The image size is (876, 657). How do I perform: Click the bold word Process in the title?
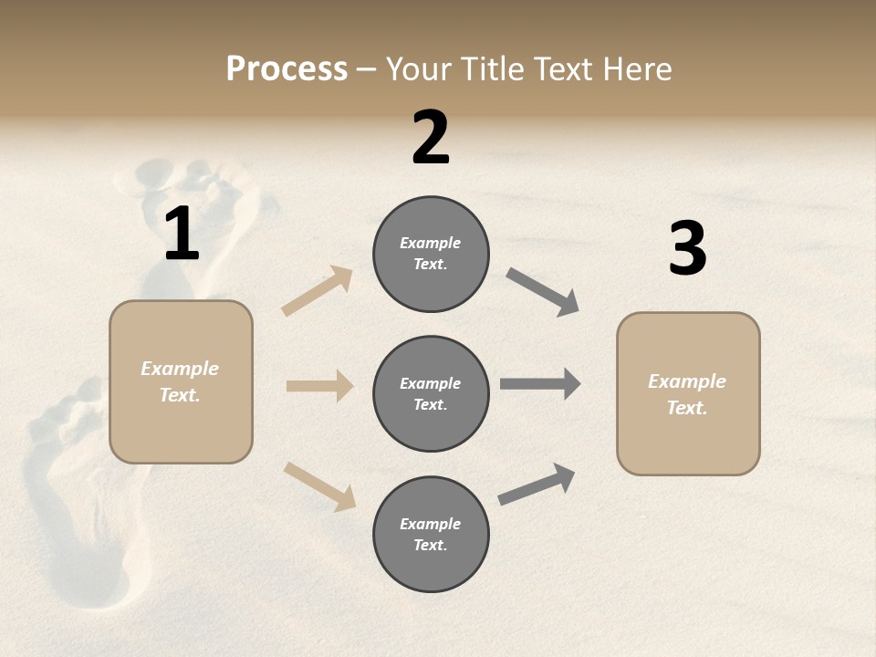click(x=287, y=69)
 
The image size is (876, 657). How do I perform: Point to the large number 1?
click(x=182, y=234)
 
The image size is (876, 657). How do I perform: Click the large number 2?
click(x=431, y=138)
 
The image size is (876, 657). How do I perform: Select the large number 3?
click(x=687, y=248)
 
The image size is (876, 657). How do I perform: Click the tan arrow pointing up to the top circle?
click(x=318, y=291)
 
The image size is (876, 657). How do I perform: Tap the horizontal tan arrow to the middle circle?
click(x=319, y=386)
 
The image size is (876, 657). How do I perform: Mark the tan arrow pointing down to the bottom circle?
click(x=319, y=485)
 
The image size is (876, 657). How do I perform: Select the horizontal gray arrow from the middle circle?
click(x=540, y=384)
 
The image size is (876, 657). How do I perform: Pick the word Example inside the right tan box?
click(x=687, y=381)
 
